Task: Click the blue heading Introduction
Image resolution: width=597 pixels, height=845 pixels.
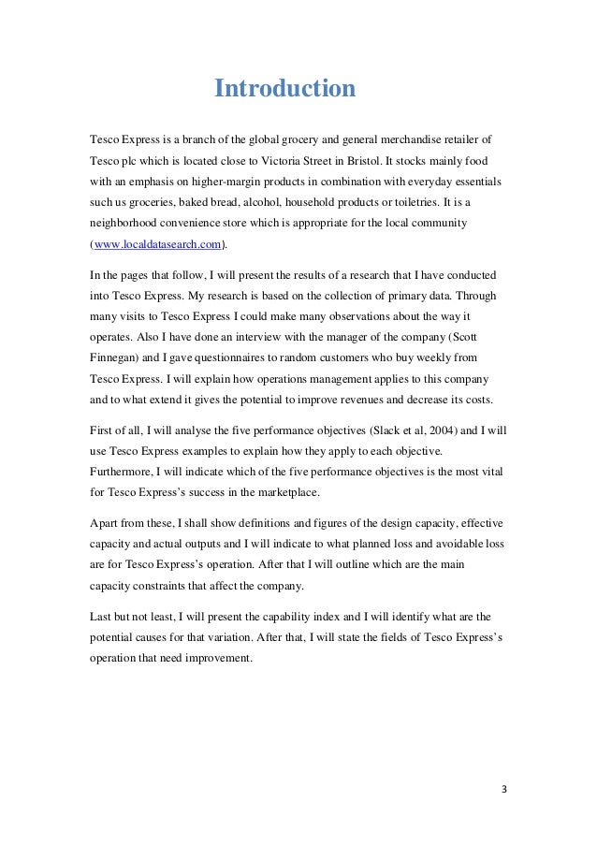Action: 285,90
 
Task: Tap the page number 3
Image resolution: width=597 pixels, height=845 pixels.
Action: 503,788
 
